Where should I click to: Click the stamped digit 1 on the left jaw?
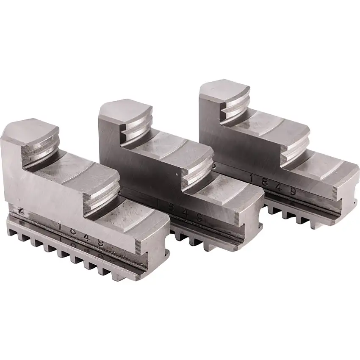tap(61, 227)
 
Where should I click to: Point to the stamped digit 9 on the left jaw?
tap(101, 243)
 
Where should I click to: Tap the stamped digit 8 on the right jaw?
tap(265, 183)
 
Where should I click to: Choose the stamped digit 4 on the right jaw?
tap(278, 187)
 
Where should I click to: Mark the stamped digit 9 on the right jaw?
tap(292, 192)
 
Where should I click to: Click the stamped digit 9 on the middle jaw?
tap(198, 219)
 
